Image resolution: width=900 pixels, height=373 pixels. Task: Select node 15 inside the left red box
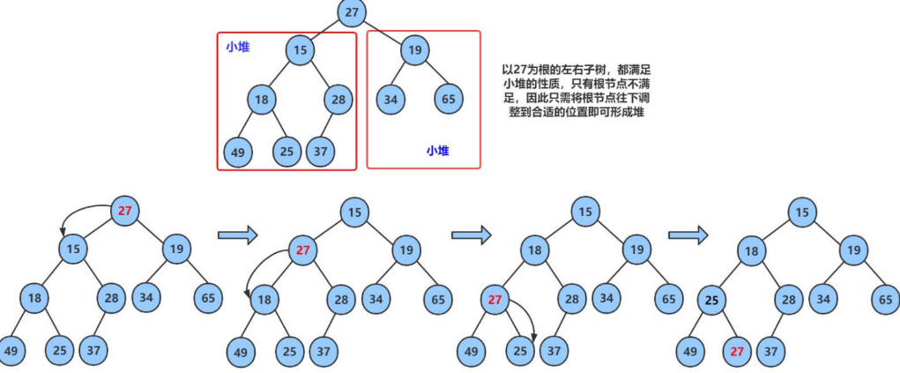tap(300, 50)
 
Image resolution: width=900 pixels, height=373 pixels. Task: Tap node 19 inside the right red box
tap(414, 50)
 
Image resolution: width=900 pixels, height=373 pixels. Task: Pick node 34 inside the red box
tap(391, 98)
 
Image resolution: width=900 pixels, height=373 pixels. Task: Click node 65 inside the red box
tap(449, 98)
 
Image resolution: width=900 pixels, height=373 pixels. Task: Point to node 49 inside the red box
tap(237, 151)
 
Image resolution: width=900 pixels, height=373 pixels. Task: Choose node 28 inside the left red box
tap(338, 98)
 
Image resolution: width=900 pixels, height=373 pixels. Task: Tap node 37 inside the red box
tap(321, 151)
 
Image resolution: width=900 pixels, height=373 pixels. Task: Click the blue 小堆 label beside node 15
tap(237, 47)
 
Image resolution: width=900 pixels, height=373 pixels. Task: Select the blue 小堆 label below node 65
tap(437, 151)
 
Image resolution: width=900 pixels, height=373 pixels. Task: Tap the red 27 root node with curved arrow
tap(124, 210)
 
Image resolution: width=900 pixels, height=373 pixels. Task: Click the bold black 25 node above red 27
tap(713, 299)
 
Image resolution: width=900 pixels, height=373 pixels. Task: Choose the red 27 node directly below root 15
tap(303, 250)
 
